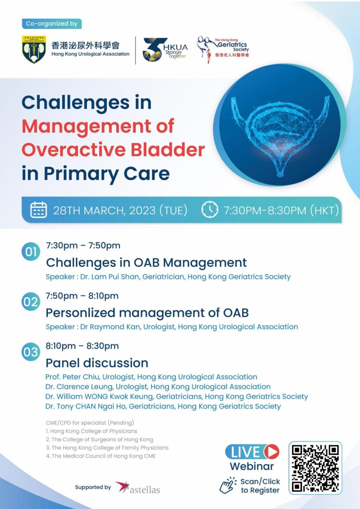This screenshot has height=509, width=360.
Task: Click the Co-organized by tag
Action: pyautogui.click(x=52, y=24)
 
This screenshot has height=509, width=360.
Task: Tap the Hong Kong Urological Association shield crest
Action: pyautogui.click(x=34, y=49)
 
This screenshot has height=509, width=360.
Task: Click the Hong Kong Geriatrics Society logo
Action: pyautogui.click(x=223, y=49)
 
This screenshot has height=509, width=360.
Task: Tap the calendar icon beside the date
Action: pyautogui.click(x=38, y=210)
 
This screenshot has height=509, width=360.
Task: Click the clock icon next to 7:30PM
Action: pyautogui.click(x=209, y=210)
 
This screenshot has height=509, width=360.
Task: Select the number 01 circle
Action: pyautogui.click(x=31, y=252)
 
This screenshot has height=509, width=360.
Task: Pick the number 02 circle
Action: pyautogui.click(x=31, y=302)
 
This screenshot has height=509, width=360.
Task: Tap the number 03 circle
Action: pyautogui.click(x=31, y=352)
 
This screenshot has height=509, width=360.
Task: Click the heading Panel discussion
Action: pyautogui.click(x=97, y=363)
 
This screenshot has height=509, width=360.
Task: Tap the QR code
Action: pyautogui.click(x=315, y=468)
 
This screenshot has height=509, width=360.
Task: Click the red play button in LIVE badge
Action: pyautogui.click(x=271, y=452)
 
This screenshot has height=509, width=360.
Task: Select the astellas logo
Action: pyautogui.click(x=138, y=488)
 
